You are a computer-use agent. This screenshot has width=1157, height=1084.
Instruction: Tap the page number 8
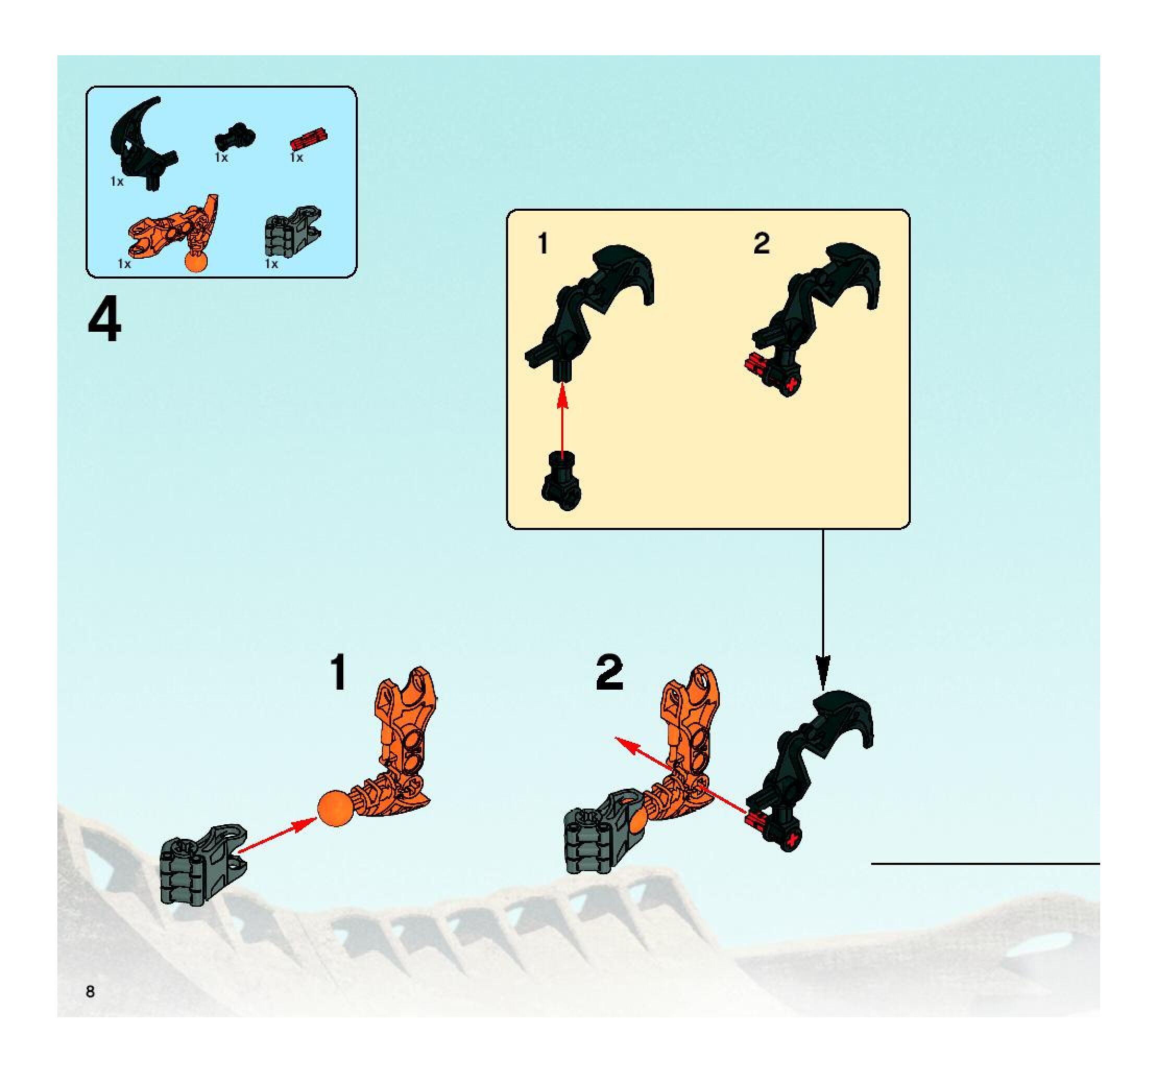click(90, 992)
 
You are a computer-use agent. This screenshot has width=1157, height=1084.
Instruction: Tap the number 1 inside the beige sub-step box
click(543, 243)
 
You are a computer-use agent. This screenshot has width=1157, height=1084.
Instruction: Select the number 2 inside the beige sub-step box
click(761, 243)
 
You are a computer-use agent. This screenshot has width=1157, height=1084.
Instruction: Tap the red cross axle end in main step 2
click(790, 838)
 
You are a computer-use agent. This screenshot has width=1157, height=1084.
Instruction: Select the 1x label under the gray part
click(272, 263)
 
